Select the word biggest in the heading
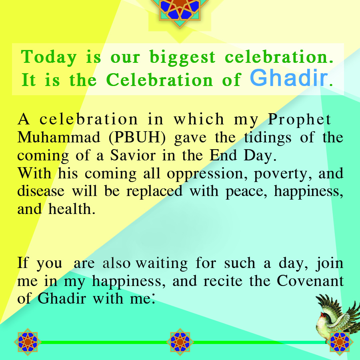click(x=182, y=57)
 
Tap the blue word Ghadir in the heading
click(x=289, y=78)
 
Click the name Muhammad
click(x=59, y=137)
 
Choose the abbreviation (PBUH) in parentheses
click(x=137, y=138)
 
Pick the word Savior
click(x=133, y=156)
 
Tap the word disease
click(x=41, y=191)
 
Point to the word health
click(x=72, y=209)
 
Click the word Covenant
click(x=310, y=281)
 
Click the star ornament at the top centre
click(x=180, y=11)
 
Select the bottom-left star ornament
click(x=28, y=342)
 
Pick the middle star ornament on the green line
click(x=180, y=342)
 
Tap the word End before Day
click(x=223, y=156)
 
